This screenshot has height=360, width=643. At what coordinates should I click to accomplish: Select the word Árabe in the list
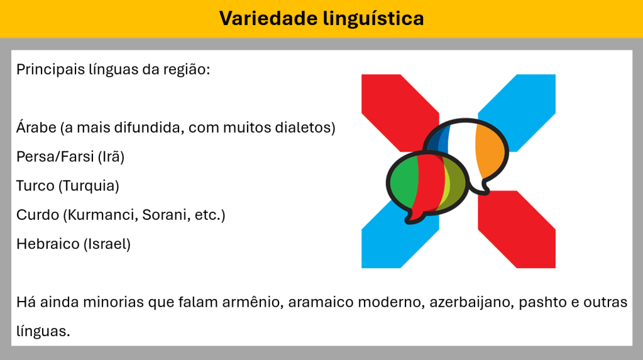[36, 127]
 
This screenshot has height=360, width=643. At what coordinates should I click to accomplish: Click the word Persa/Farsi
[55, 156]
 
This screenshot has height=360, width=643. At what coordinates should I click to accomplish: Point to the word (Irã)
[111, 156]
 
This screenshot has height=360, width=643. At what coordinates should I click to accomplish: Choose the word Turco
[35, 186]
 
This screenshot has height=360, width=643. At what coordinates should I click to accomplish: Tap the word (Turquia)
[89, 186]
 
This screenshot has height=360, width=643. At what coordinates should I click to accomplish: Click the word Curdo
[38, 215]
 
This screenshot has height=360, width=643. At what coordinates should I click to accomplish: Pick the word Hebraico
[48, 244]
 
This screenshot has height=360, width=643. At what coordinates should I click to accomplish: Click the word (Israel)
[107, 244]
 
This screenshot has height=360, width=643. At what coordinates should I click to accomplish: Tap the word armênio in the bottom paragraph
[253, 302]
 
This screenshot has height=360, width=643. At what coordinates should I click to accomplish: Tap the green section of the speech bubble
[404, 182]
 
